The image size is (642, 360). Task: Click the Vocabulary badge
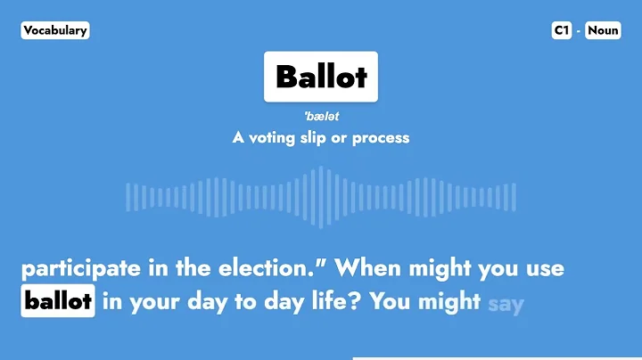click(55, 30)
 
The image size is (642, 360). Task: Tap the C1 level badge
click(561, 30)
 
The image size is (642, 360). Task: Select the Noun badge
click(603, 30)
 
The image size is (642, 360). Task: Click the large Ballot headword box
click(321, 77)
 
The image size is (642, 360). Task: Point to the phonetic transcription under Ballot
click(321, 117)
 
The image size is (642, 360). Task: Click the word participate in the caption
click(79, 267)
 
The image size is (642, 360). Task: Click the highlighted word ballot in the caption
click(58, 301)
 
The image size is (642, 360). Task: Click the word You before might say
click(390, 301)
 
